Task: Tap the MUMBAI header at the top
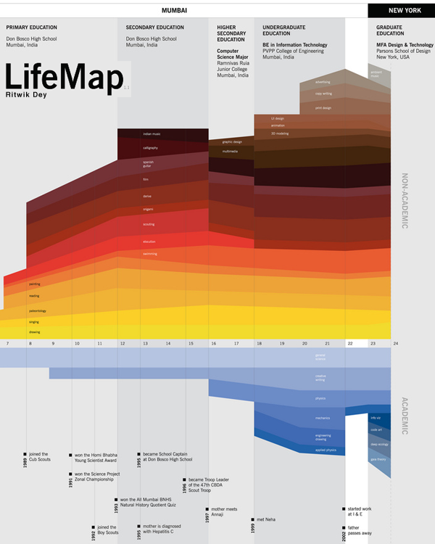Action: [x=174, y=11]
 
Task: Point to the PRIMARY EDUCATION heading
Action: [x=32, y=28]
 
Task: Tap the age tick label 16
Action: [x=213, y=342]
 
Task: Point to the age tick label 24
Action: [x=395, y=342]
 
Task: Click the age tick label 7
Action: [x=7, y=342]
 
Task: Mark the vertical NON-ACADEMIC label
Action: [x=405, y=201]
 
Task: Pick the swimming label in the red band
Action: [x=149, y=254]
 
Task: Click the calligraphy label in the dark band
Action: [x=150, y=148]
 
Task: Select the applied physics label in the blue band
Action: [x=326, y=450]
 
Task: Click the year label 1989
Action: [x=25, y=462]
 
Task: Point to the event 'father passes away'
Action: [x=360, y=530]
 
